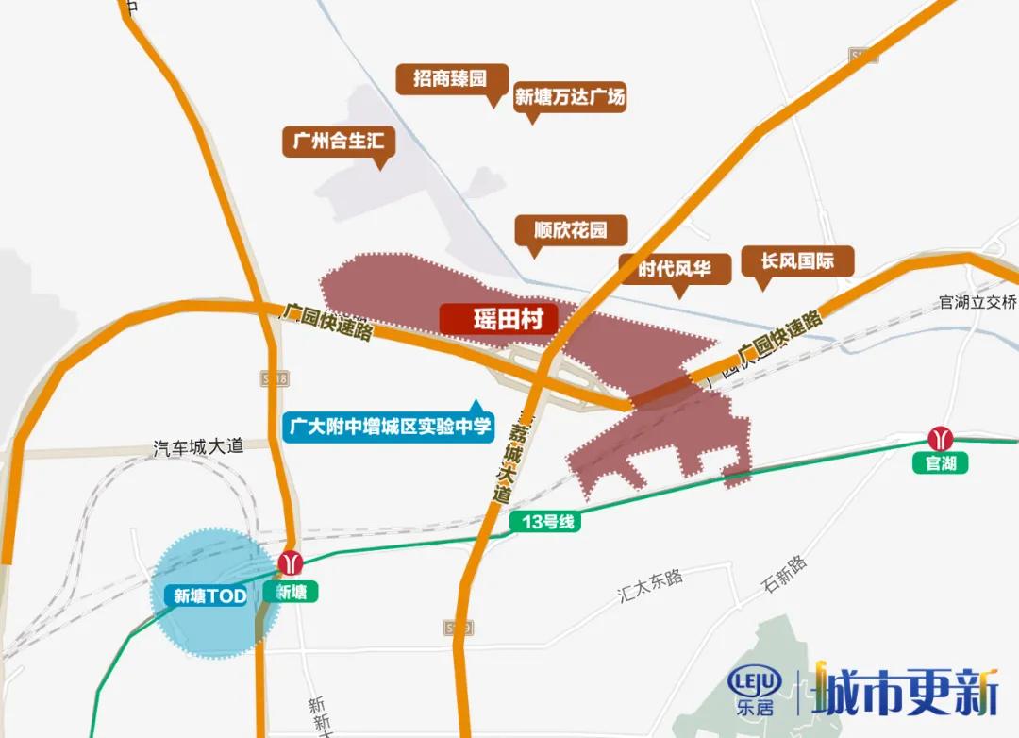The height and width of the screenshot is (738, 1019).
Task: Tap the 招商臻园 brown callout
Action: tap(450, 78)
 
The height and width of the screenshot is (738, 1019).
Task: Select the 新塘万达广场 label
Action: tap(570, 96)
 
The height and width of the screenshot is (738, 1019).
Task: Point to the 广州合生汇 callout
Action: tap(338, 143)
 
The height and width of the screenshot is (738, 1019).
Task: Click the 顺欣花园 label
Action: tap(569, 229)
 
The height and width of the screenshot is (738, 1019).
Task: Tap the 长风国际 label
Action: tap(797, 260)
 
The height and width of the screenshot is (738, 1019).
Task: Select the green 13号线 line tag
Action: tap(547, 521)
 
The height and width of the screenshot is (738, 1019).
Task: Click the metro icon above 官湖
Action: tap(941, 439)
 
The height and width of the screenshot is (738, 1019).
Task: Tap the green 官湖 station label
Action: tap(941, 463)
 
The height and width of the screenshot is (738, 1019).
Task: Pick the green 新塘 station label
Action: tap(291, 592)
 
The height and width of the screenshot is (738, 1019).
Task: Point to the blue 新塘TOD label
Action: tap(209, 595)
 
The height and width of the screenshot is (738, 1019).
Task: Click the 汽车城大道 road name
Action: tap(198, 446)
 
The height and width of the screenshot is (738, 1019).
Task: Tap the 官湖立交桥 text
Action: tap(977, 302)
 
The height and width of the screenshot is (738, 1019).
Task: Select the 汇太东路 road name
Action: tap(650, 585)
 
